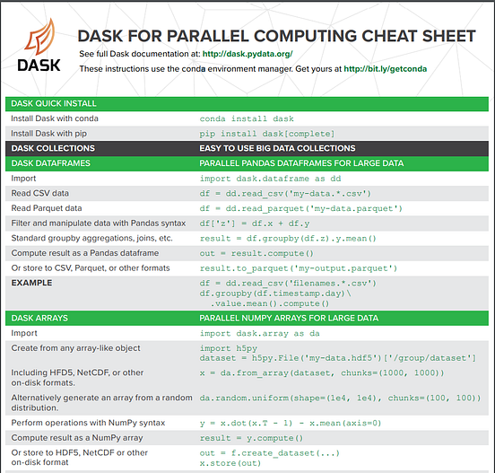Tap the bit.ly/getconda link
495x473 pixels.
pyautogui.click(x=385, y=68)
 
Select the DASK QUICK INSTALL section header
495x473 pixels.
pyautogui.click(x=54, y=103)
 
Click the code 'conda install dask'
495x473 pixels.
pyautogui.click(x=247, y=118)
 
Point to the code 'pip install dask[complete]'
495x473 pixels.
pyautogui.click(x=262, y=133)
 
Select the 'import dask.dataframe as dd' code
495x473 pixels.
pyautogui.click(x=268, y=178)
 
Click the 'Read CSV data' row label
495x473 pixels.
pyautogui.click(x=39, y=193)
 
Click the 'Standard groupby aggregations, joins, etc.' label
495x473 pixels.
pyautogui.click(x=91, y=238)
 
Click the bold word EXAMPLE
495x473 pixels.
pyautogui.click(x=30, y=283)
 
